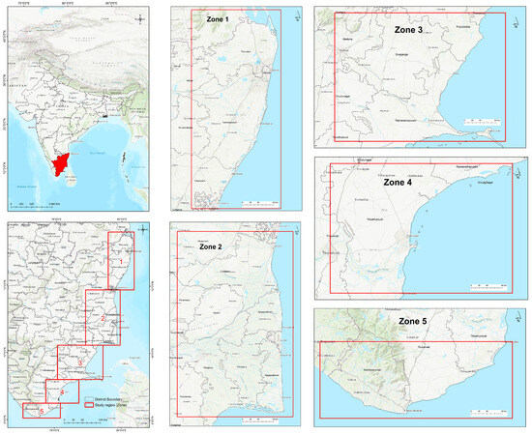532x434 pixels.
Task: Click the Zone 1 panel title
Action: click(x=215, y=19)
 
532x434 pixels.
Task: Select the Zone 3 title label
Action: click(x=415, y=30)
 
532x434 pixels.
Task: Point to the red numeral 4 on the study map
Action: click(x=62, y=391)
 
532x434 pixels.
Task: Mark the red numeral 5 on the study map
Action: click(x=42, y=411)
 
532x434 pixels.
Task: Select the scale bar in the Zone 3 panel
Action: click(x=480, y=121)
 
